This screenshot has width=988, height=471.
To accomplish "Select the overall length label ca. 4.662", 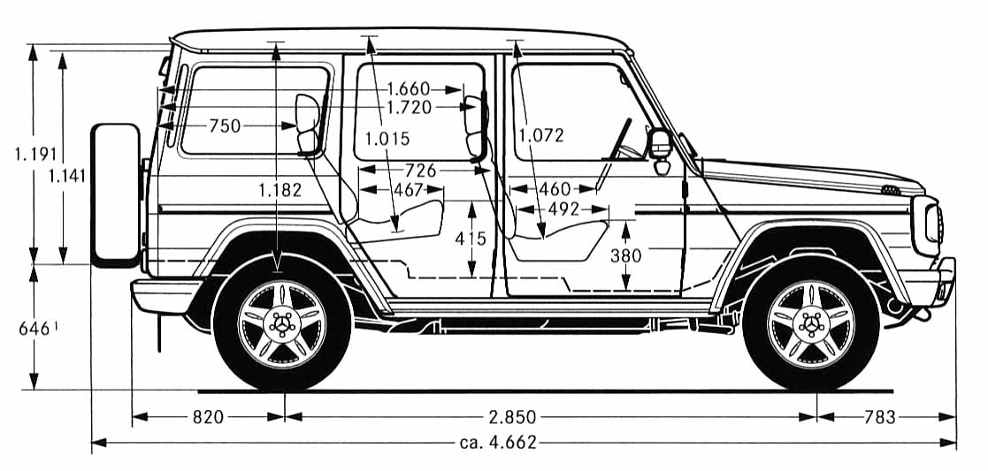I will click(x=498, y=443).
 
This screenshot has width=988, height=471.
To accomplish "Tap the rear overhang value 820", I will click(x=208, y=417).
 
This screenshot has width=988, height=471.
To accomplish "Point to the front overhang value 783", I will click(x=880, y=417).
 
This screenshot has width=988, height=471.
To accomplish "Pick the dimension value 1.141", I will click(x=67, y=175).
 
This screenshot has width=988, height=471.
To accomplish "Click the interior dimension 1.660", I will click(x=408, y=88).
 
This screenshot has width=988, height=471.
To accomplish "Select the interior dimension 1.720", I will click(x=410, y=107).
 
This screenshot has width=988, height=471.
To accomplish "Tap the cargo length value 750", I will click(x=225, y=126).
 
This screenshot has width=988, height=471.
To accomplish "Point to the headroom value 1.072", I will click(x=540, y=135).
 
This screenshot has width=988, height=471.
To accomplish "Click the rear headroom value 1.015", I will click(x=387, y=138).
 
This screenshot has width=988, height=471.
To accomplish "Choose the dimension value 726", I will click(x=420, y=170).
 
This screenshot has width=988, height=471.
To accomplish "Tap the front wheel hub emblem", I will click(x=809, y=323).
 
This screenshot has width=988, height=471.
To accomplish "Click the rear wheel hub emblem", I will click(x=281, y=323).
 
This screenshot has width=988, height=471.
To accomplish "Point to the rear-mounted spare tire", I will click(x=116, y=194).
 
